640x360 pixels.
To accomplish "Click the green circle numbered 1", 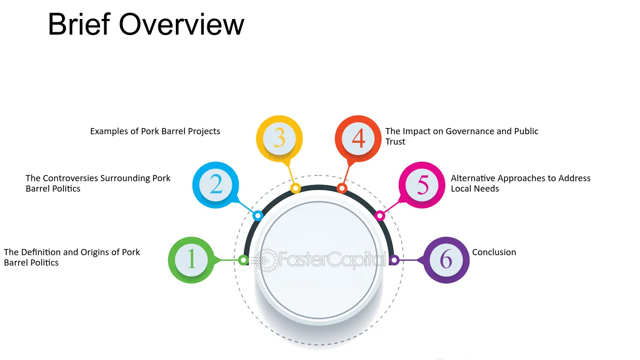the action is point(191,260).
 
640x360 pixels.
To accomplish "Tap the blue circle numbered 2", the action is point(216,185).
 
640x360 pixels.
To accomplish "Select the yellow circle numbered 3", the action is point(279,138).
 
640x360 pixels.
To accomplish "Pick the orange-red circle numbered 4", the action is point(358,138).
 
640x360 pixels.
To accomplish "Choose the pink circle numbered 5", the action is point(422,185).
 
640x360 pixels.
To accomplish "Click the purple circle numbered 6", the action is point(446,260).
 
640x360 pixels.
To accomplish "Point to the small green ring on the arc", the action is point(243,260).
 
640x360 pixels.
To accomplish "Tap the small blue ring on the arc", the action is point(258,215).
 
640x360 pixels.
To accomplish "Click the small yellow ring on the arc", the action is point(295,188).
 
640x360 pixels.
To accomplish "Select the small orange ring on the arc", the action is point(342,188).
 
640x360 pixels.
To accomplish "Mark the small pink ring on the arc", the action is point(380,215).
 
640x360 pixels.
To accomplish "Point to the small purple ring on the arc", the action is point(394,260).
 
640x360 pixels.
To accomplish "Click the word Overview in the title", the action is point(182,25).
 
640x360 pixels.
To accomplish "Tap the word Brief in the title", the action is point(79,24).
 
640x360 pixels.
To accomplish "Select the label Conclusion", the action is point(494,252).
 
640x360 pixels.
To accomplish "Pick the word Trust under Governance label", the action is point(395,142).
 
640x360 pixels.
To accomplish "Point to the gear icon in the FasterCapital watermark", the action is point(266,260).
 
